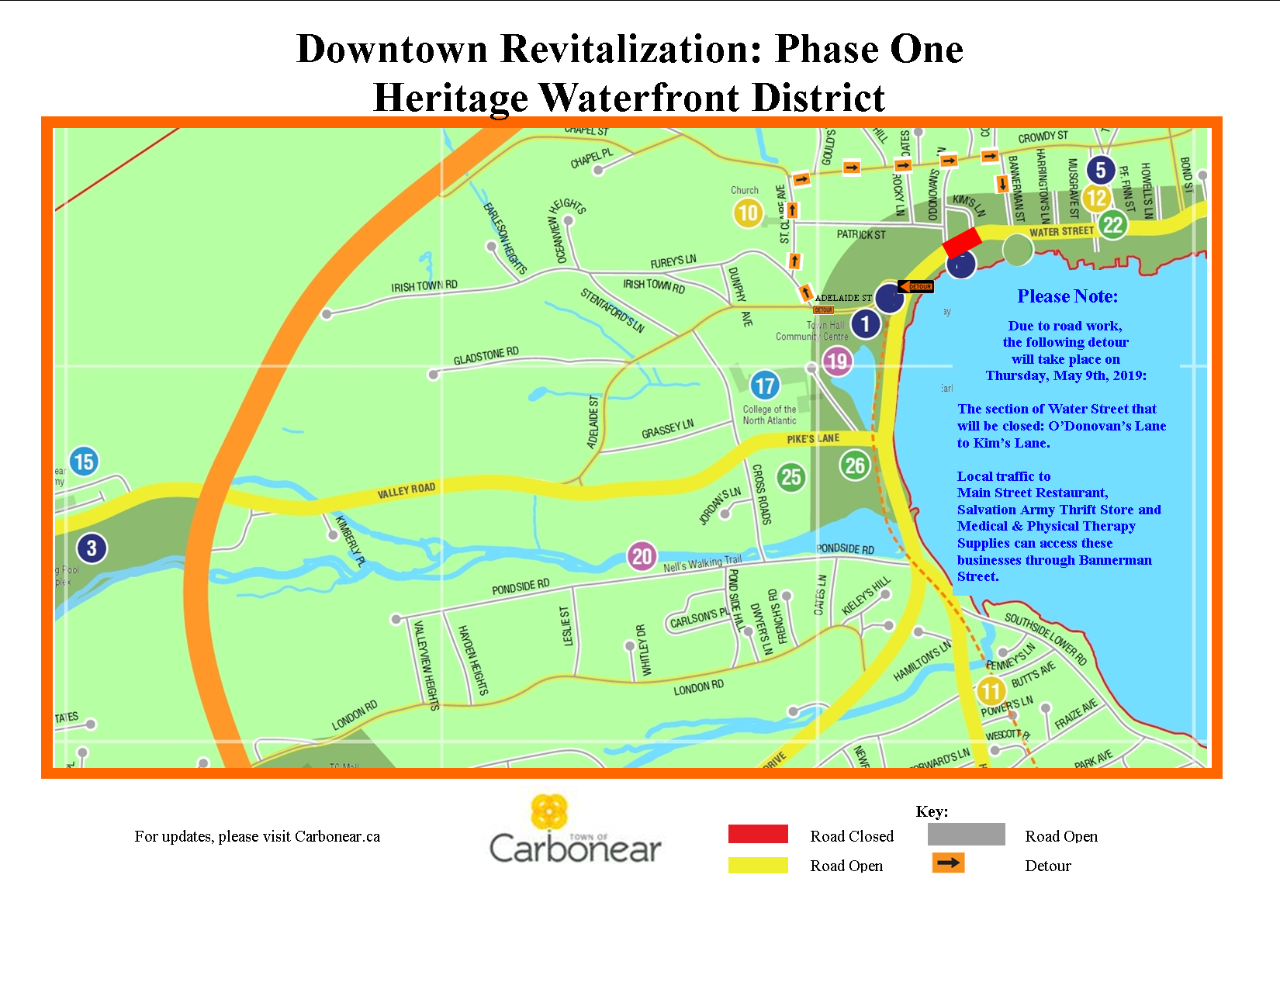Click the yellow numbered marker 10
(x=748, y=213)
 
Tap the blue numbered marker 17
(x=765, y=386)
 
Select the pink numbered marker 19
(x=837, y=361)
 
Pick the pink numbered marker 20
(x=642, y=556)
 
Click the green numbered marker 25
(x=791, y=476)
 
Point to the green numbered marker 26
(x=855, y=465)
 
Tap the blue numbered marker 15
(x=84, y=462)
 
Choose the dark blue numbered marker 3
(x=92, y=548)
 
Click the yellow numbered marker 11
(x=991, y=690)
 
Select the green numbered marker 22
(x=1113, y=225)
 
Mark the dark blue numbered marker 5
(x=1100, y=170)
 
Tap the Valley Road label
(x=406, y=490)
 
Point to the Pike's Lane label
(x=813, y=439)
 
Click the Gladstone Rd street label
(x=486, y=356)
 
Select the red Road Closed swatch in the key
(x=758, y=834)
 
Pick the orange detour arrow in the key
(x=948, y=863)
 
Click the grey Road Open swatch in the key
(x=966, y=834)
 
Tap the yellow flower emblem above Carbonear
(x=549, y=812)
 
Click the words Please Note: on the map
(x=1067, y=296)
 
